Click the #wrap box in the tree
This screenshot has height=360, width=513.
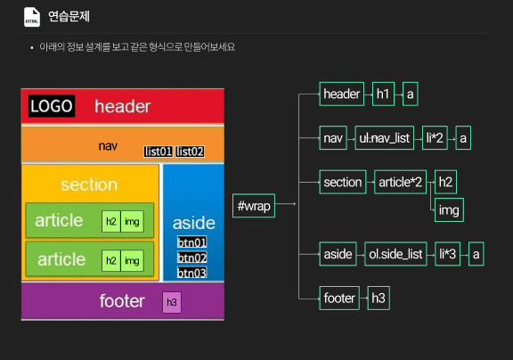point(254,206)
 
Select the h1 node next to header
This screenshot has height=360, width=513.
point(383,94)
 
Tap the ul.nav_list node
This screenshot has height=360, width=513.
point(384,138)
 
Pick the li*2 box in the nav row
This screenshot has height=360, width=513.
point(435,138)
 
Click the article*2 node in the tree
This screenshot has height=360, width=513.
point(400,182)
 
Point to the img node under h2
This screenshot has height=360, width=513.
point(449,209)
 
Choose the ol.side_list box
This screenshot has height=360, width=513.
point(395,254)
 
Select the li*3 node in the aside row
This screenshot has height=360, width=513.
point(447,254)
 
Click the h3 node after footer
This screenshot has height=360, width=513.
point(379,298)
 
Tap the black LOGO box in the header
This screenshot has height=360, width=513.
point(52,106)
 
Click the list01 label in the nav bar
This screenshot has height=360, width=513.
point(158,151)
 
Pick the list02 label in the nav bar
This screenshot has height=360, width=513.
point(190,151)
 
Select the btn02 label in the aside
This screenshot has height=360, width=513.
point(191,258)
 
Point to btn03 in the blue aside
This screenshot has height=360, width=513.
point(191,273)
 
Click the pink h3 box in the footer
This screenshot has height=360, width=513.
point(172,302)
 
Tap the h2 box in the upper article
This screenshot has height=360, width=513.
point(111,222)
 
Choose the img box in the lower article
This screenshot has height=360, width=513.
point(132,260)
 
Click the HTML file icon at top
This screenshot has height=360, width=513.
point(32,17)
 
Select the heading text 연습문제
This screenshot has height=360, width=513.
point(69,16)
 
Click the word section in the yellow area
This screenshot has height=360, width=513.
point(89,184)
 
